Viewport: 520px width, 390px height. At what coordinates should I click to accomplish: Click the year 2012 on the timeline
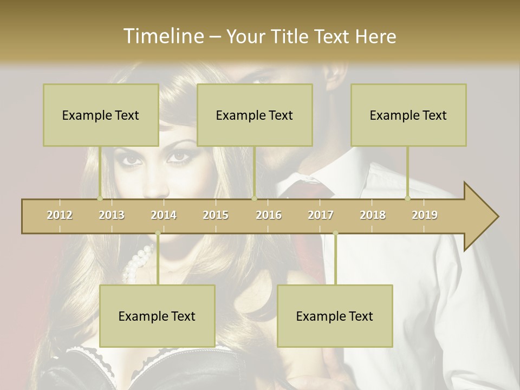pos(60,215)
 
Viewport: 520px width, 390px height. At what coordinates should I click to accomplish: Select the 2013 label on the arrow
pos(112,215)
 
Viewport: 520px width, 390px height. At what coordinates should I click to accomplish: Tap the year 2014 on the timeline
pos(164,215)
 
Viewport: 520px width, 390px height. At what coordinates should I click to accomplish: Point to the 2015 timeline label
pos(216,215)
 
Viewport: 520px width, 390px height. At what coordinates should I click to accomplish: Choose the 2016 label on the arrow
pos(269,215)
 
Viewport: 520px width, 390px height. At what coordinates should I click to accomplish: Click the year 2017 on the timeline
pos(321,215)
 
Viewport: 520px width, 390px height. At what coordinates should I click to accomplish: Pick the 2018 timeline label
pos(373,215)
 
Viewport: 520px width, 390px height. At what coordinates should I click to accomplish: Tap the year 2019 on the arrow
pos(425,215)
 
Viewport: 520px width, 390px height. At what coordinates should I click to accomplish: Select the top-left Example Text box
pos(101,115)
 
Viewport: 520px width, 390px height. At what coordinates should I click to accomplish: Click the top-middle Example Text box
pos(255,115)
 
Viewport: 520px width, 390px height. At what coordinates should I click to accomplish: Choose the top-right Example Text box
pos(408,115)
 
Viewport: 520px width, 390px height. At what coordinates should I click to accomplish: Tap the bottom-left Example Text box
pos(157,316)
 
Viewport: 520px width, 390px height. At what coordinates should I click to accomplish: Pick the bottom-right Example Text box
pos(335,316)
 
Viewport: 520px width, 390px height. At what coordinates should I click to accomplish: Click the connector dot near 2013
pos(100,198)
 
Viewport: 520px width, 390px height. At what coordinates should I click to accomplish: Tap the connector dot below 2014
pos(158,233)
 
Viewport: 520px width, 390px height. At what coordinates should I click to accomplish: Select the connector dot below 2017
pos(335,233)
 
